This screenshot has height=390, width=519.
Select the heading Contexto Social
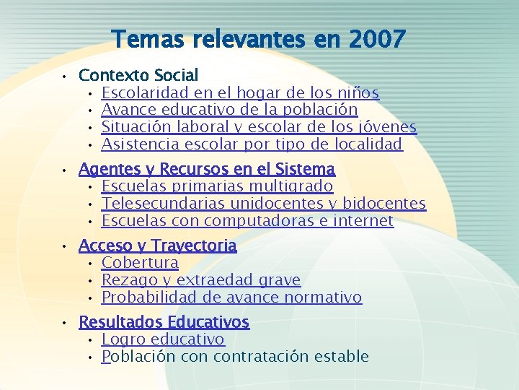138,75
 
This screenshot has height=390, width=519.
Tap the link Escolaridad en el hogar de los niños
240,92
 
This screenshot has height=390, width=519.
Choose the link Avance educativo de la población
229,110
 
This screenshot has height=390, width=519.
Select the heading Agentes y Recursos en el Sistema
207,170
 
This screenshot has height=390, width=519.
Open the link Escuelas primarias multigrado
217,187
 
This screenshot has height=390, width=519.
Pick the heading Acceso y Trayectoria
157,246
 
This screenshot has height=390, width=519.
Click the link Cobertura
140,263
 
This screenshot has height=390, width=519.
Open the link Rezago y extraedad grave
201,280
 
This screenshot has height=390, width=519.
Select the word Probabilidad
144,298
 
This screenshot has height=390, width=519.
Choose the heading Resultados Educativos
164,322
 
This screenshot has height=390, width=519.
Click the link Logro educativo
163,339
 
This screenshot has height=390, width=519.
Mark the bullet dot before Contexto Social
64,76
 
